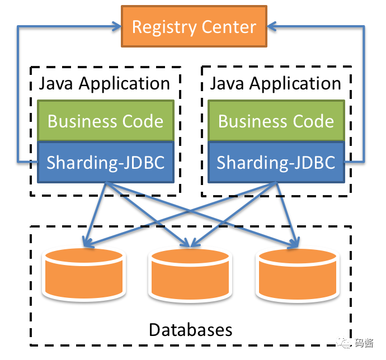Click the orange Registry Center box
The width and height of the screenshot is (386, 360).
click(194, 26)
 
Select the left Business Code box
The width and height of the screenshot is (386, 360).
click(106, 121)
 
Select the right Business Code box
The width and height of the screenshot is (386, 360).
click(276, 121)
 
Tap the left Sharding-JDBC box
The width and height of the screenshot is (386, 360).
click(106, 162)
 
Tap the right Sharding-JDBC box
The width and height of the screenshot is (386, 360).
click(276, 162)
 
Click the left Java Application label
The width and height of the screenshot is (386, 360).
click(105, 84)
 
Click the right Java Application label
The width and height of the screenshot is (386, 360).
click(276, 84)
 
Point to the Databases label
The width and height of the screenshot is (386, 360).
click(191, 330)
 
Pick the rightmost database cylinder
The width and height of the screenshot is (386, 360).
click(298, 274)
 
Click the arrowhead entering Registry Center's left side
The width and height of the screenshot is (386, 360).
click(117, 26)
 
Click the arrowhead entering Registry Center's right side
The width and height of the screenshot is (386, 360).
click(272, 26)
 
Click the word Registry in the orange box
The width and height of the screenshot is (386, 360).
click(164, 27)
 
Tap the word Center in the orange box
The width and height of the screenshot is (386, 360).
click(229, 27)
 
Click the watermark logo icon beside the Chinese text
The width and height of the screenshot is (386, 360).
click(344, 342)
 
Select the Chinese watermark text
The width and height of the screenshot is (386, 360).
click(364, 343)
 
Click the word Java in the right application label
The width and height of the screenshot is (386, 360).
click(228, 84)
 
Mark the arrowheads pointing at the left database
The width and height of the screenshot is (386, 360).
click(88, 243)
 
